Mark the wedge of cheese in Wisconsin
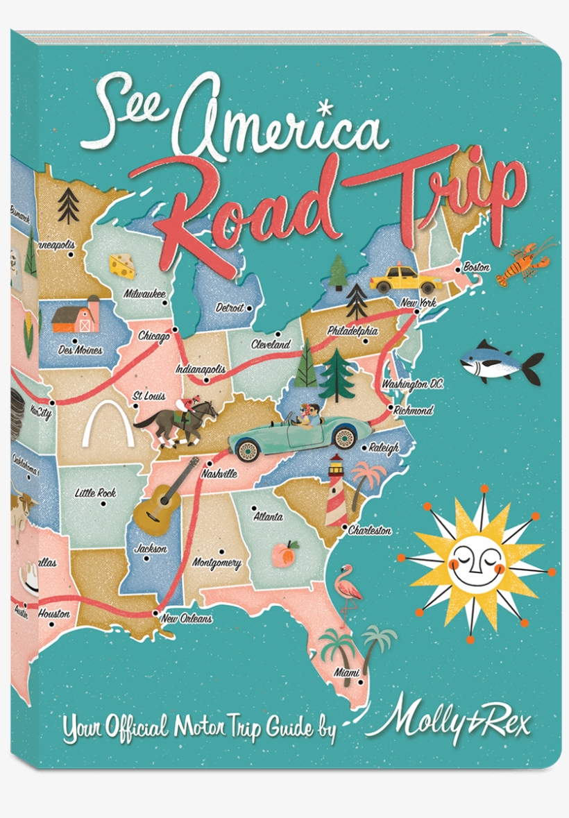122,265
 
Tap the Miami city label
346,672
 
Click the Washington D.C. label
412,384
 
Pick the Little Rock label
95,493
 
